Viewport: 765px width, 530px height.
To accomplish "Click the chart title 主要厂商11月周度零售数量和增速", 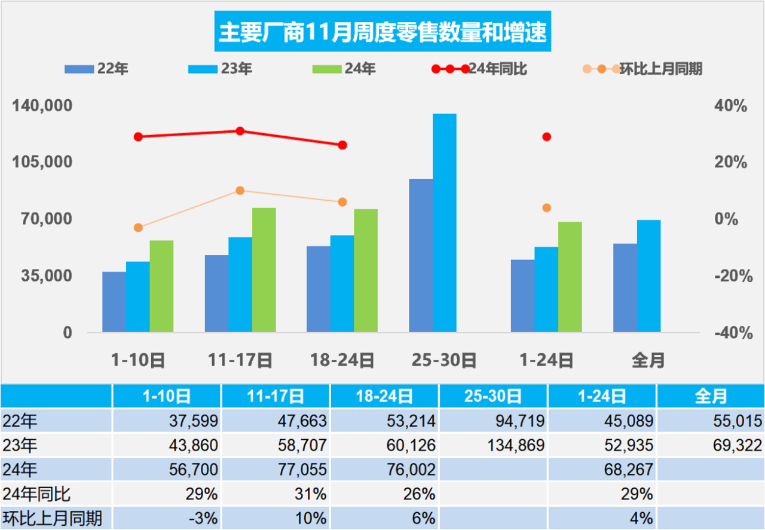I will point(382,33).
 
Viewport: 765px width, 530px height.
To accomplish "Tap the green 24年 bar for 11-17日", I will point(264,269).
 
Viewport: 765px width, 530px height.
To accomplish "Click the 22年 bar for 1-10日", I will point(114,302).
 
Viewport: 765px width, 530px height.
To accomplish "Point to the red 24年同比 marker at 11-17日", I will point(240,131).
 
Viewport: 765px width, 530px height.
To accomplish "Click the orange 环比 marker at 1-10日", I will point(138,228).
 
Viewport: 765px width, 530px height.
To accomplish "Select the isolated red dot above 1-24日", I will point(546,137).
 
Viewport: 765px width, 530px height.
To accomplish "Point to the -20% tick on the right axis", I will point(730,276).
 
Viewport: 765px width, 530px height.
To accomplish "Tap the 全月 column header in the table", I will point(711,396).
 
